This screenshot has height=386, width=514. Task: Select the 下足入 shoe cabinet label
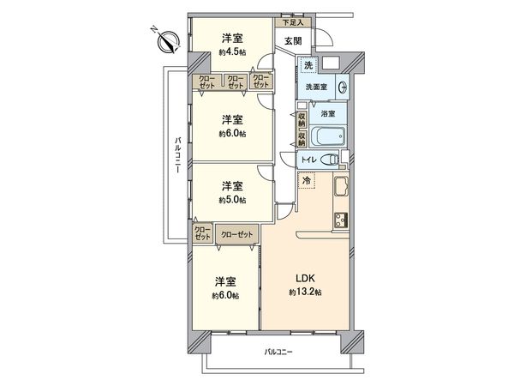292,24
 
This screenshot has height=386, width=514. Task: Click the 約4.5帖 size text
231,52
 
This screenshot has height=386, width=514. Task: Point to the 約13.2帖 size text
305,293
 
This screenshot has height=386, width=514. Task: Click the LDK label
305,279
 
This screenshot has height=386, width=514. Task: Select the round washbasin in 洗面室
341,86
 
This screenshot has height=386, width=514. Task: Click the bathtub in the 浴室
322,137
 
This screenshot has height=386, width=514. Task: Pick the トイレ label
309,160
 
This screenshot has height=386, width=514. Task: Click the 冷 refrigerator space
307,182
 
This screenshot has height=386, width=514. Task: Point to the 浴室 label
327,113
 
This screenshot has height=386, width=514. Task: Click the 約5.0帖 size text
231,200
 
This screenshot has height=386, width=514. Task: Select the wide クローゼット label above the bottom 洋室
236,233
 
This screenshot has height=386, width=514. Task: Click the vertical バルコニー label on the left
176,154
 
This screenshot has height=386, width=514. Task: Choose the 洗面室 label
314,87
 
